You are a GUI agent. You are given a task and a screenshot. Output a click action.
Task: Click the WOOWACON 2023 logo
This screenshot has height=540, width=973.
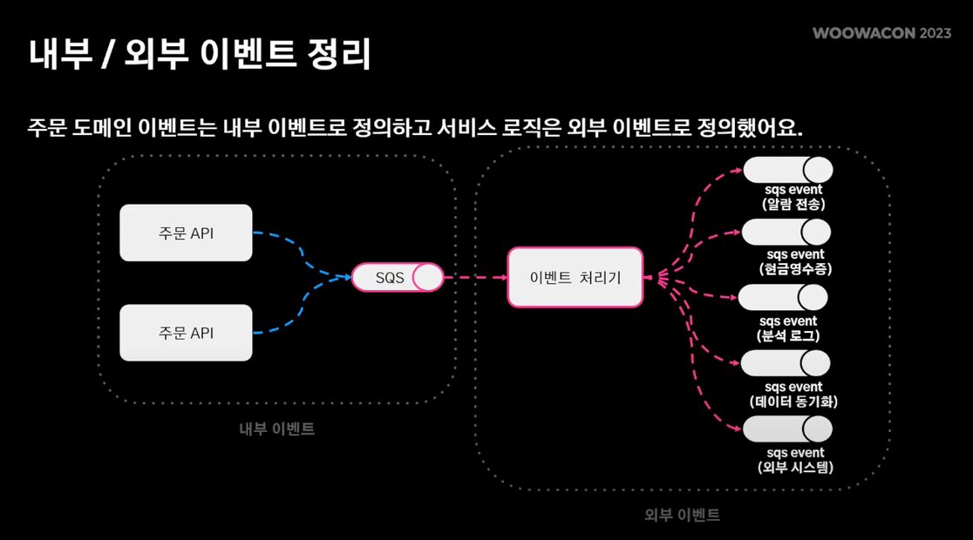click(x=881, y=33)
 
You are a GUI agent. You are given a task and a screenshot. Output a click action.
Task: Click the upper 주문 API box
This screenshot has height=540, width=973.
click(x=186, y=233)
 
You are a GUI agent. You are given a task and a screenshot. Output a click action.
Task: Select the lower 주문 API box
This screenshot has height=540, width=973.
click(x=186, y=333)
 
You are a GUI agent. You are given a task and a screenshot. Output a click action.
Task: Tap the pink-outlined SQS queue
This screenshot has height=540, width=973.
click(x=398, y=278)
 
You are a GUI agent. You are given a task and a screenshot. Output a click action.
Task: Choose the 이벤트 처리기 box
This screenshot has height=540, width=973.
click(x=575, y=278)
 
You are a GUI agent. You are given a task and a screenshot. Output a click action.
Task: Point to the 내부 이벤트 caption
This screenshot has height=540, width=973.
click(x=277, y=429)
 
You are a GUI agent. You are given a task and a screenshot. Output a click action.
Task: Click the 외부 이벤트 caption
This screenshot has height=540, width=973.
click(x=682, y=515)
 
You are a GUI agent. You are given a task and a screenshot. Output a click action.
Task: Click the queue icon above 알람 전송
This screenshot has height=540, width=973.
click(x=787, y=170)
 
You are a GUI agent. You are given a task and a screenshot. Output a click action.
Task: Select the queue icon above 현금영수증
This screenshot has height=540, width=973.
click(x=786, y=233)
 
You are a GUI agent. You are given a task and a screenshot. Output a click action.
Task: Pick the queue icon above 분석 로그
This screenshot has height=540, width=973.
click(x=783, y=298)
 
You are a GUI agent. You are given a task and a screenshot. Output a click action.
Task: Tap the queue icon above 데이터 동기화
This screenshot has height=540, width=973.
click(x=786, y=363)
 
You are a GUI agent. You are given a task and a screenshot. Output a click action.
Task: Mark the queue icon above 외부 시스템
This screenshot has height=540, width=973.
click(x=787, y=429)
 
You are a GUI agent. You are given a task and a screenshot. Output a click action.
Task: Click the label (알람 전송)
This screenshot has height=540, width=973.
click(x=793, y=205)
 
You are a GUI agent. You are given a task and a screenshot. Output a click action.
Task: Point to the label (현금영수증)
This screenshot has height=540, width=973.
click(x=795, y=269)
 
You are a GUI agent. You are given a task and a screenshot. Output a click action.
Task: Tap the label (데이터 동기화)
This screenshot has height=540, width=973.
click(x=793, y=402)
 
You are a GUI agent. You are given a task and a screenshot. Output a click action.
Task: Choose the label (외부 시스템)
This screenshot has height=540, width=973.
click(x=795, y=468)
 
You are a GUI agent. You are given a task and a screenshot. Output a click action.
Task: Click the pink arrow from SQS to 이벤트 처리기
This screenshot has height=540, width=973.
click(x=475, y=278)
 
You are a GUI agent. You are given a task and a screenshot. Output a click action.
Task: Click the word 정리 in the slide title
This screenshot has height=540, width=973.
click(x=339, y=54)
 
